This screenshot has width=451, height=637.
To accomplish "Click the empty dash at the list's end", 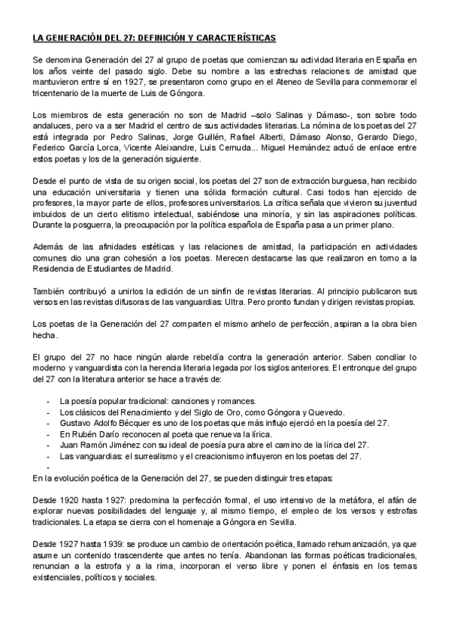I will tap(48, 466).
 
